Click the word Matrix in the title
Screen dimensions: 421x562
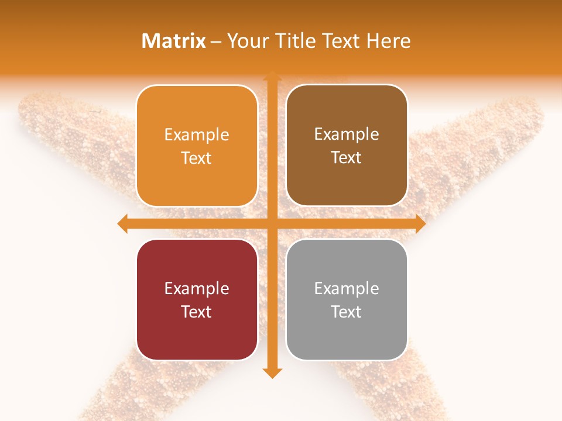[174, 41]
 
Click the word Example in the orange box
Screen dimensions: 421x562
[197, 135]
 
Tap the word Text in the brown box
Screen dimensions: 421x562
[347, 157]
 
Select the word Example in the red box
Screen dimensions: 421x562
[197, 289]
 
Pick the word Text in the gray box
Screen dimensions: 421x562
[347, 312]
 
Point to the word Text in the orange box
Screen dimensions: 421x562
[197, 158]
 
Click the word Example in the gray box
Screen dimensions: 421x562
[347, 289]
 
